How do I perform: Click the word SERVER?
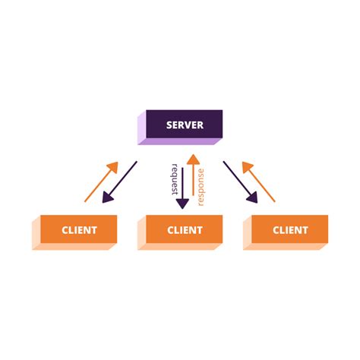185,124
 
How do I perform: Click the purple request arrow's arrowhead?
182,203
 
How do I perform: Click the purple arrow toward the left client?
122,182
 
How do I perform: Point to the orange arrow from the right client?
261,182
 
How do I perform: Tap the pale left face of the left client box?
35,232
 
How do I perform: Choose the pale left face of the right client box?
246,232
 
